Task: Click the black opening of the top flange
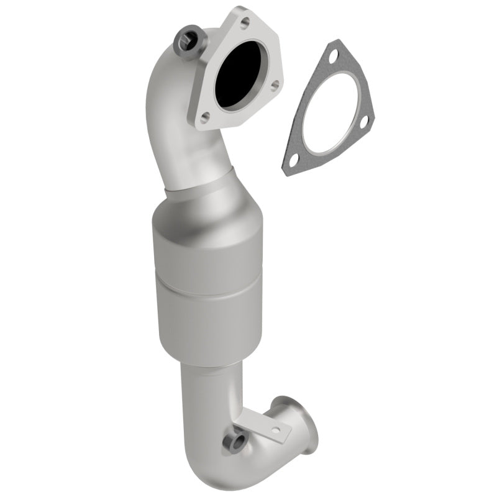[x=239, y=73]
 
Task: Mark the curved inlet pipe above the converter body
[x=168, y=124]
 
